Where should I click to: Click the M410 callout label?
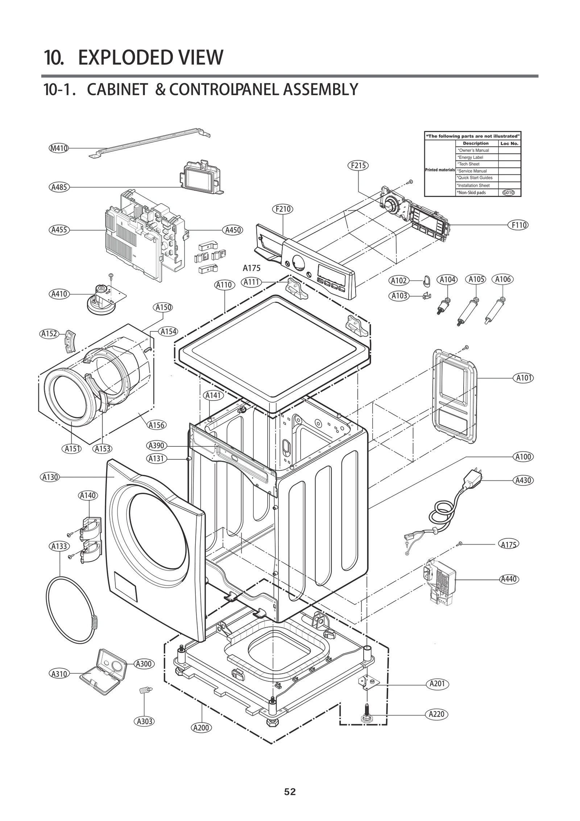(59, 148)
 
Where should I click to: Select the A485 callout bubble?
(59, 187)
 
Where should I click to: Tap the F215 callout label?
(358, 165)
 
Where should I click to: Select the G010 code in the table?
(509, 193)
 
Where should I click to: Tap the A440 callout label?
(509, 579)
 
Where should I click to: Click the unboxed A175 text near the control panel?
(252, 268)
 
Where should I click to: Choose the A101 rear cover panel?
(455, 395)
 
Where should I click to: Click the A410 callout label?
(59, 294)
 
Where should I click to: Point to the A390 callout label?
(157, 446)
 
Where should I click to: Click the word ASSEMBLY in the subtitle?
(320, 90)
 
